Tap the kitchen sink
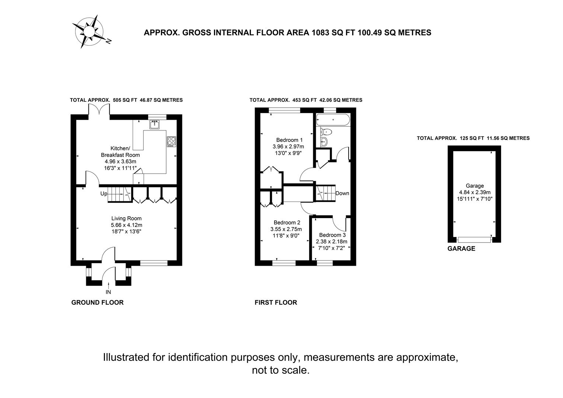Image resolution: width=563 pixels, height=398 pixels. click(154, 125)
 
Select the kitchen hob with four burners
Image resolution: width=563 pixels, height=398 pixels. click(172, 142)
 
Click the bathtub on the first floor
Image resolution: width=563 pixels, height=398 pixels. click(333, 120)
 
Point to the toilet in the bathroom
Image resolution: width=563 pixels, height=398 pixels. click(326, 132)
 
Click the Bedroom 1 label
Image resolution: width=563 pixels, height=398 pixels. click(289, 140)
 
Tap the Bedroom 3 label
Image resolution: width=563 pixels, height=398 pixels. click(332, 235)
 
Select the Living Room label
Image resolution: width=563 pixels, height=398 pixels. click(126, 219)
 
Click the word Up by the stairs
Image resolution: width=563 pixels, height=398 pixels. click(104, 194)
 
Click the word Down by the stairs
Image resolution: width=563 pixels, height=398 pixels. click(342, 193)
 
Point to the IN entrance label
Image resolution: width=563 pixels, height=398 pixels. click(108, 292)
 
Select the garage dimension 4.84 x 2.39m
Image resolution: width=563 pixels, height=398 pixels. click(475, 192)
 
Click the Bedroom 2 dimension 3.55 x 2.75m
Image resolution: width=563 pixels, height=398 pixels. click(286, 229)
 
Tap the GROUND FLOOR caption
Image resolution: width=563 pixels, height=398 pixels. click(98, 303)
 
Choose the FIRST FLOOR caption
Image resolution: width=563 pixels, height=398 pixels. click(276, 303)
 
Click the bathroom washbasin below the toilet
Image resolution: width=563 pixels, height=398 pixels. click(324, 142)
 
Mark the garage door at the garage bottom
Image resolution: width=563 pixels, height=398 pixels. click(474, 240)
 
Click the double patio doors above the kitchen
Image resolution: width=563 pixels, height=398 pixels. click(99, 109)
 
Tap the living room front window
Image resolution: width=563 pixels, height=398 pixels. click(154, 263)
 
